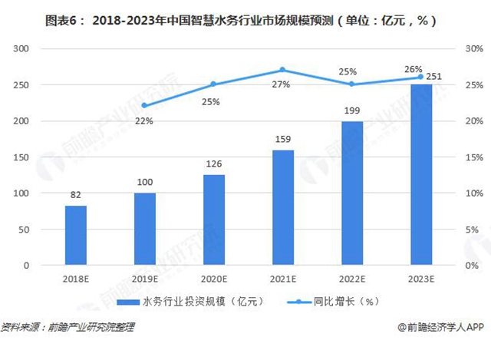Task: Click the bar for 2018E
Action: coord(75,235)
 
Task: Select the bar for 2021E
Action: coord(283,207)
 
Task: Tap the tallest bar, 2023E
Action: coord(420,174)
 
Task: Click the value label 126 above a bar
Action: coord(214,165)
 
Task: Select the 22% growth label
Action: coord(145,121)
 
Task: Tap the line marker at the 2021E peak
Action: coord(283,70)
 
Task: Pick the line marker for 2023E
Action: coord(420,77)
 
